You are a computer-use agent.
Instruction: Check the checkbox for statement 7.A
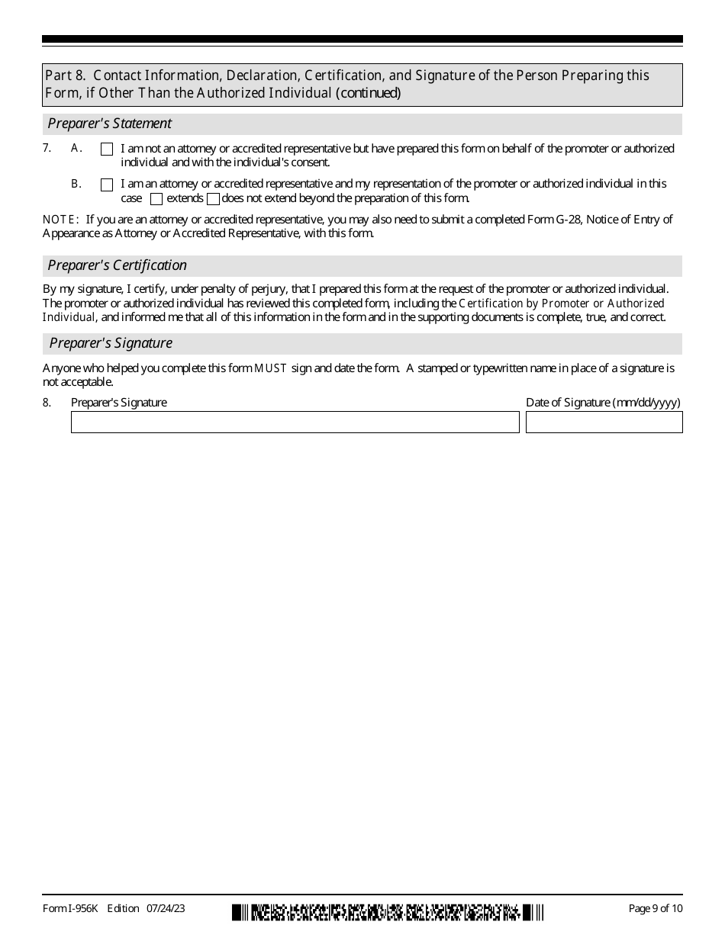coord(107,149)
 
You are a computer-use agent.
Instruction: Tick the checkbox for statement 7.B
coord(107,185)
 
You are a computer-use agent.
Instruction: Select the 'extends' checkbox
coord(156,200)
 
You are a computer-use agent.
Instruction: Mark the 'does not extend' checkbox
coord(213,200)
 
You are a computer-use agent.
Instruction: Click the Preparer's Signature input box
coord(295,422)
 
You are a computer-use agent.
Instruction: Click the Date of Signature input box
coord(604,422)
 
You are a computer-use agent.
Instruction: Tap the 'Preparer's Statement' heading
coord(110,124)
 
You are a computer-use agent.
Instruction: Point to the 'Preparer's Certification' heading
coord(117,265)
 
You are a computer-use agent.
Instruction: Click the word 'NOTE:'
coord(61,220)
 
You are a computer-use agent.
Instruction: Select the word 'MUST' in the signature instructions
coord(270,368)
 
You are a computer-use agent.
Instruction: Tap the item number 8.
coord(47,403)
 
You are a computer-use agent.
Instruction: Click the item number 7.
coord(47,149)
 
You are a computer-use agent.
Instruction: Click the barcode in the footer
coord(388,911)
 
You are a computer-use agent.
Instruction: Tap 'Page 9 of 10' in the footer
coord(655,908)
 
